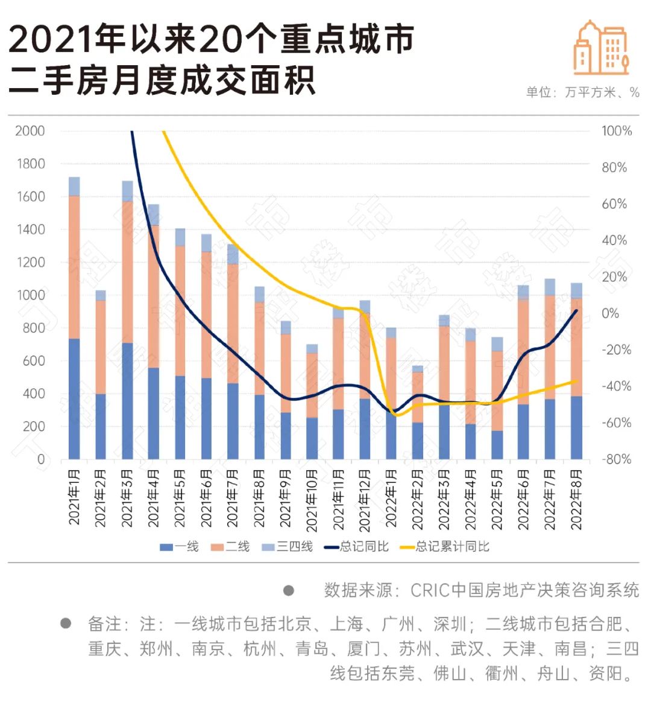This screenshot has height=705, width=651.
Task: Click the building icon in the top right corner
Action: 602,48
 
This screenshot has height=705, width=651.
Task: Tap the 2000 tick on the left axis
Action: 30,132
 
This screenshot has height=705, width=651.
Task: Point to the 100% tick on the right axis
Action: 617,132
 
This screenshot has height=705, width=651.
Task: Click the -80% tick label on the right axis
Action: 617,459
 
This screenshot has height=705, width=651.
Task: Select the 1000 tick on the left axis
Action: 31,295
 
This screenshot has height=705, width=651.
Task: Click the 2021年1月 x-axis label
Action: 74,497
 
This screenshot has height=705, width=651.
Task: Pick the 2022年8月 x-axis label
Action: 576,500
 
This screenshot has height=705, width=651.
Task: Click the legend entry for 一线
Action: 179,547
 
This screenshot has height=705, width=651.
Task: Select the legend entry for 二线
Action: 230,547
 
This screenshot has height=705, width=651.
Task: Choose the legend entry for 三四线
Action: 288,547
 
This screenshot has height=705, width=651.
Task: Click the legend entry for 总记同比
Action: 357,547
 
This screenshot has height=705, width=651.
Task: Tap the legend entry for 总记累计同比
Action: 445,547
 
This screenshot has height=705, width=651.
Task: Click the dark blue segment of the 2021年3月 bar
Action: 128,401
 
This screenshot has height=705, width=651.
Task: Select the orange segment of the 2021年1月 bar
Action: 74,267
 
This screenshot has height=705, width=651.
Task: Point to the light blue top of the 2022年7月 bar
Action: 550,287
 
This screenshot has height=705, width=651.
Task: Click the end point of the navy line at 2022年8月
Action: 576,311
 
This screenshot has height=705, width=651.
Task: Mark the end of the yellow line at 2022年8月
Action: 576,381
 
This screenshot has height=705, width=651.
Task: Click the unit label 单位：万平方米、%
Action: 583,92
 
